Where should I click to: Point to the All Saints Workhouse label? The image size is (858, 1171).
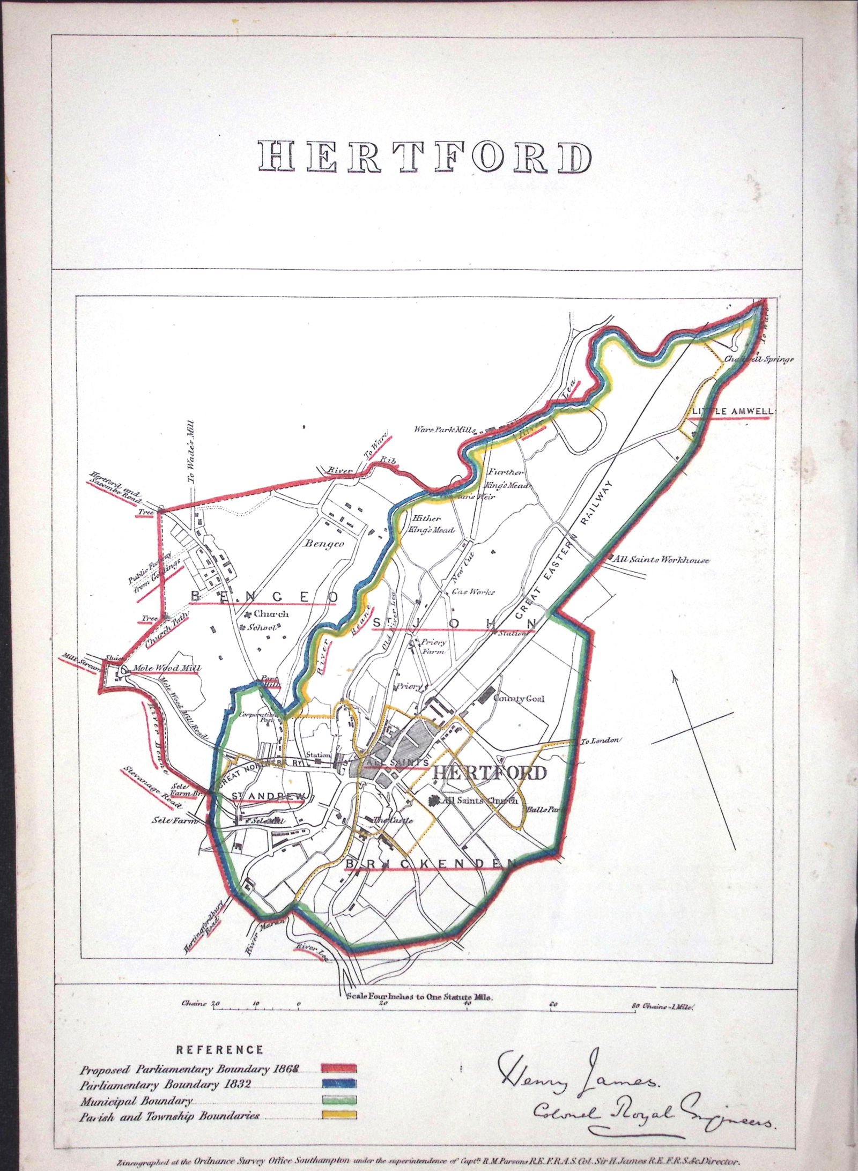663,560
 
